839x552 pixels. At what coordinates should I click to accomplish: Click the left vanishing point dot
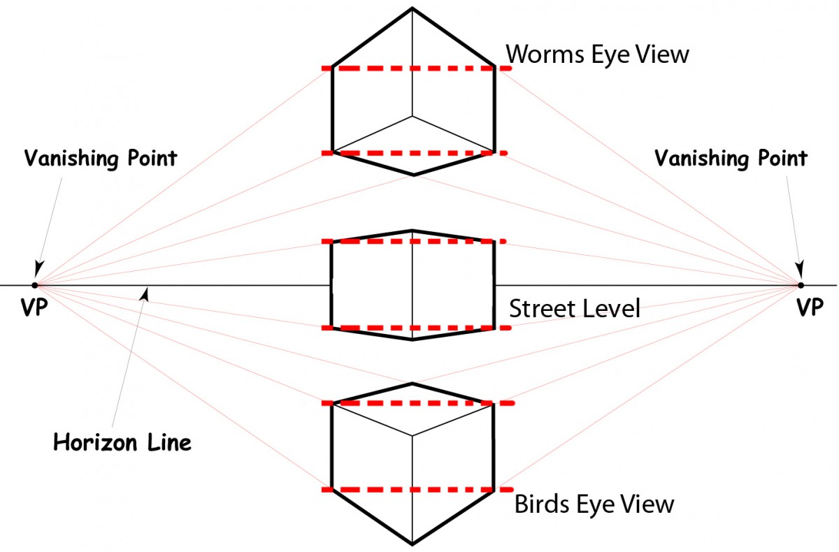coord(35,285)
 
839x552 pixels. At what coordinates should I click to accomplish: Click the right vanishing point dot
coord(801,285)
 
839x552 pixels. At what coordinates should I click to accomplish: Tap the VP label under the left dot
coord(34,307)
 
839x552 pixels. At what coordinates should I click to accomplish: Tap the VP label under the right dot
coord(810,307)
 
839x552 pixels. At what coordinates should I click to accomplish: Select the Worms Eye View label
coord(597,55)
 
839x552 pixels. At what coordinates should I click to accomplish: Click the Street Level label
coord(575,309)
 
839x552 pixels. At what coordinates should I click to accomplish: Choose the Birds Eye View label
coord(594,504)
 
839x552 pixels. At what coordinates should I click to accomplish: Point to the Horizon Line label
coord(122,442)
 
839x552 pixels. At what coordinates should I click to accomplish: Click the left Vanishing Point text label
coord(101,159)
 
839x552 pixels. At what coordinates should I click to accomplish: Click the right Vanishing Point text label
coord(731,159)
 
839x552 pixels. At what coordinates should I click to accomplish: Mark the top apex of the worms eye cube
coord(413,8)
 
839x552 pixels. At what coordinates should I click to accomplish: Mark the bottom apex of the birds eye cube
coord(413,544)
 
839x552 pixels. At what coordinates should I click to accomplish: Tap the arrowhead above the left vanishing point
coord(38,269)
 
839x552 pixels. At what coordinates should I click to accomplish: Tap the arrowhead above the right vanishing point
coord(799,269)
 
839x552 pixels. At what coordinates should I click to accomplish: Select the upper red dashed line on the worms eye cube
coord(417,68)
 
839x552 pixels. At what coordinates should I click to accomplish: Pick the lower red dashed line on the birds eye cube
coord(417,490)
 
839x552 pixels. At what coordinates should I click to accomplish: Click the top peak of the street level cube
coord(413,230)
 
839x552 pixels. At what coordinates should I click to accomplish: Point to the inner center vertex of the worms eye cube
coord(413,117)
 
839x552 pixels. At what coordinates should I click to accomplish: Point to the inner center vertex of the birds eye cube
coord(413,435)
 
